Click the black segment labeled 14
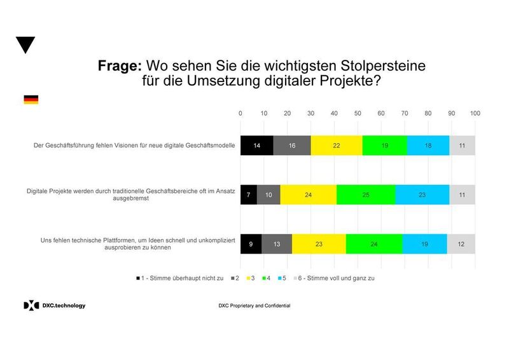pos(256,146)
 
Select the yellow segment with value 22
pos(337,146)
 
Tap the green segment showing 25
pos(366,195)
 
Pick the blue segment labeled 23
pos(422,195)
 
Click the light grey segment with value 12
pos(461,244)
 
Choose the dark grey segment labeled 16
pos(292,146)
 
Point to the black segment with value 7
pos(249,195)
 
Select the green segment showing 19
pos(384,146)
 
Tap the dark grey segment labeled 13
pos(277,244)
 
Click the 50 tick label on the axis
pos(358,113)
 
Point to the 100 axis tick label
pos(475,113)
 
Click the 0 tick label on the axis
pos(241,113)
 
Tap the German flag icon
pos(31,100)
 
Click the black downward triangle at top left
pos(25,45)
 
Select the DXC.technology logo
pos(54,305)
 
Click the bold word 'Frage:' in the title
pos(120,66)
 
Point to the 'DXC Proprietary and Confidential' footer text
pos(254,306)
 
